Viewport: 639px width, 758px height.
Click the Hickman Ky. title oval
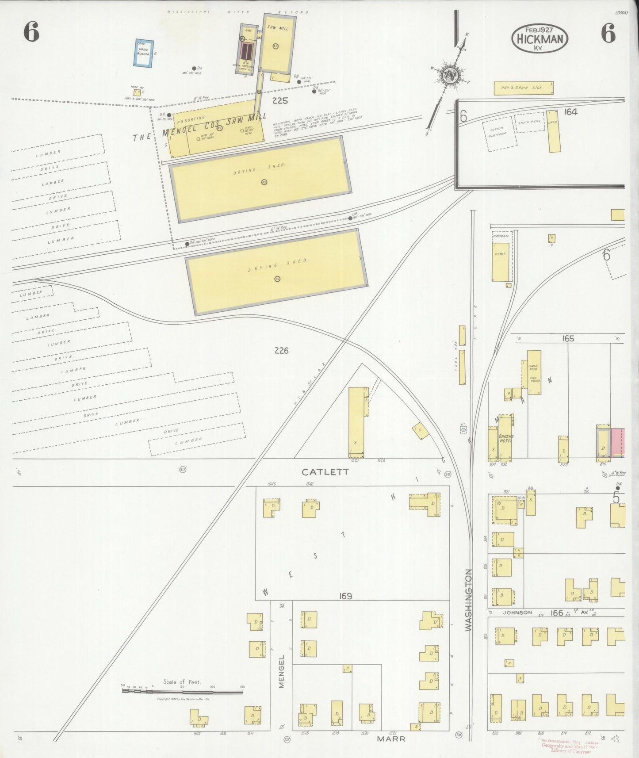540,38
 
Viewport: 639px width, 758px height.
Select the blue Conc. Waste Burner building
144,54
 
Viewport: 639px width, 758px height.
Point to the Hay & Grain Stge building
524,88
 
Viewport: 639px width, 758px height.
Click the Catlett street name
325,472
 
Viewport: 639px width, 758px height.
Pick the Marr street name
391,739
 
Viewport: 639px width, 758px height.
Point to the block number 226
281,351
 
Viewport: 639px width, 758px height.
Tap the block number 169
345,596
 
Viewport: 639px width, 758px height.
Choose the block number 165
568,339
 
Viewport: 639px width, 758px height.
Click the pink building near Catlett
618,442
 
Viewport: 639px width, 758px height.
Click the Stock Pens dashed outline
529,122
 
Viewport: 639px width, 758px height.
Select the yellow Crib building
553,131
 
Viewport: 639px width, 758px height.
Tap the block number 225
280,101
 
